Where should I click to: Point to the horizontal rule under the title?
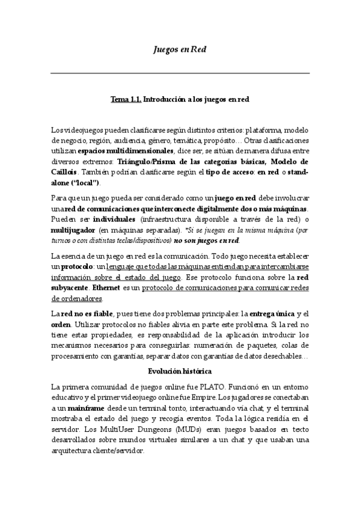[180, 73]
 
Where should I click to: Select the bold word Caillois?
[66, 171]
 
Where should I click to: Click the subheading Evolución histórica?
[180, 371]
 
